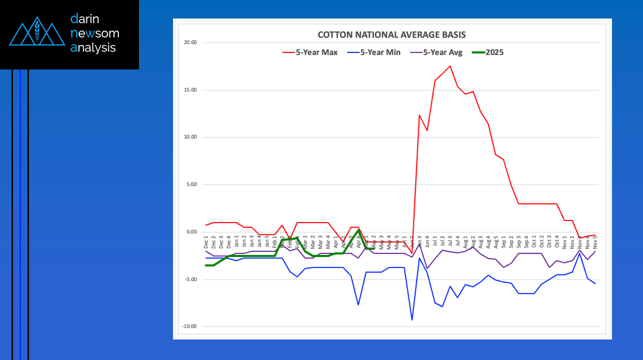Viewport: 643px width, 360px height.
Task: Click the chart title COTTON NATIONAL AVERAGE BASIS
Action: tap(392, 35)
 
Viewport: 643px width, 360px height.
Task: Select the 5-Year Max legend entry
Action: tap(310, 52)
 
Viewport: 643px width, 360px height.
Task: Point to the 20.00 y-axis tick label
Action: tap(190, 42)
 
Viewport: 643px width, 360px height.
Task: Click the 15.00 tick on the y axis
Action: tap(190, 90)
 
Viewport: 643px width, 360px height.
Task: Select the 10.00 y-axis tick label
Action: tap(190, 137)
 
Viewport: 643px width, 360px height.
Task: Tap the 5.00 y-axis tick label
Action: tap(191, 184)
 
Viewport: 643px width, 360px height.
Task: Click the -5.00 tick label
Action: tap(191, 279)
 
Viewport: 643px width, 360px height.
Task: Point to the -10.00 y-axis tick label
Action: tap(190, 326)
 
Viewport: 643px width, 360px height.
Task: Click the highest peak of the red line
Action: tap(450, 66)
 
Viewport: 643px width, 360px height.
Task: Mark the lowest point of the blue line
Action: tap(412, 320)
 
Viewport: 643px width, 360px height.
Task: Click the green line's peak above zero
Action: tap(358, 230)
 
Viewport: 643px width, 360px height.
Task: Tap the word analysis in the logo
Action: tap(93, 47)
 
